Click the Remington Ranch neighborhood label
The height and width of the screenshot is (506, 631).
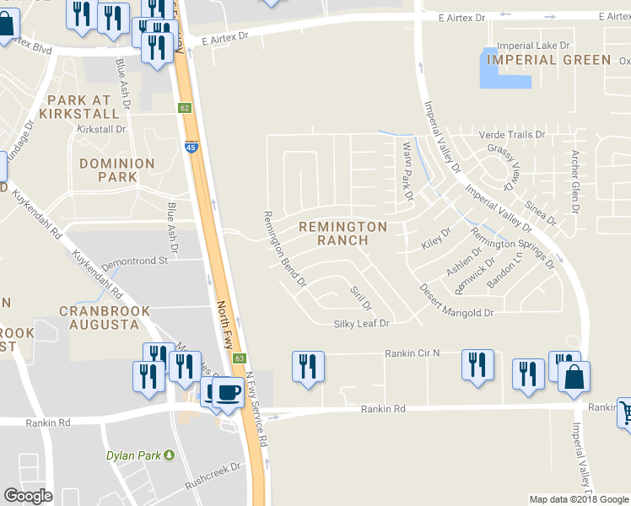coord(342,234)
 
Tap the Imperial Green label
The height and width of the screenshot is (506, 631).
coord(549,60)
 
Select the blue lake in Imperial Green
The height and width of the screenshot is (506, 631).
coord(504,69)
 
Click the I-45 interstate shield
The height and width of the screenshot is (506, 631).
coord(191,147)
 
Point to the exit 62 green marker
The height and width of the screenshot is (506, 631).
coord(185,108)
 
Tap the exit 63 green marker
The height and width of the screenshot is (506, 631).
coord(240,359)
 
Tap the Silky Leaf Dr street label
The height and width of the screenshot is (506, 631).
coord(361,323)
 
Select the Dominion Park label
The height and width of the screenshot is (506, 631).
coord(117,170)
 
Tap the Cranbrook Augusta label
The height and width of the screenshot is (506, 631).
coord(105,318)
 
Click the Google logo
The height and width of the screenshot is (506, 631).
coord(28,496)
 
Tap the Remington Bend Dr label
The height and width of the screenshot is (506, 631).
coord(284,250)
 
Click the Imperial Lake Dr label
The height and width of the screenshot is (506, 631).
coord(533,46)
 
